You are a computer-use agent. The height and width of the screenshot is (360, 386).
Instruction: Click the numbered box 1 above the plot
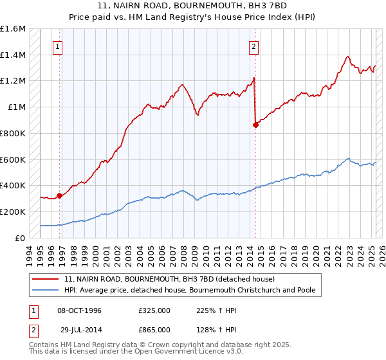pyautogui.click(x=59, y=46)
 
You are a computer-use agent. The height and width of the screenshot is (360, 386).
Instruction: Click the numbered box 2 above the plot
pyautogui.click(x=254, y=46)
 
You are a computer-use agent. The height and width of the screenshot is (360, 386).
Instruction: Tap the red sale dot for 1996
pyautogui.click(x=59, y=195)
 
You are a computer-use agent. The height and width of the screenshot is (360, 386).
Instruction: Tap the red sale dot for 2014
pyautogui.click(x=255, y=125)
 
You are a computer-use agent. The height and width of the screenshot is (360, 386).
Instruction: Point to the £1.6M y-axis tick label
pyautogui.click(x=13, y=29)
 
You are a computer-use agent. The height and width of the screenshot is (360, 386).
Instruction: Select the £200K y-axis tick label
pyautogui.click(x=13, y=212)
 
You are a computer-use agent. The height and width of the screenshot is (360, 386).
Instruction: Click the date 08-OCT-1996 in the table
pyautogui.click(x=80, y=310)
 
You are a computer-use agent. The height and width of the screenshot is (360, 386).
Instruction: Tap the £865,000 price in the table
pyautogui.click(x=154, y=328)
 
